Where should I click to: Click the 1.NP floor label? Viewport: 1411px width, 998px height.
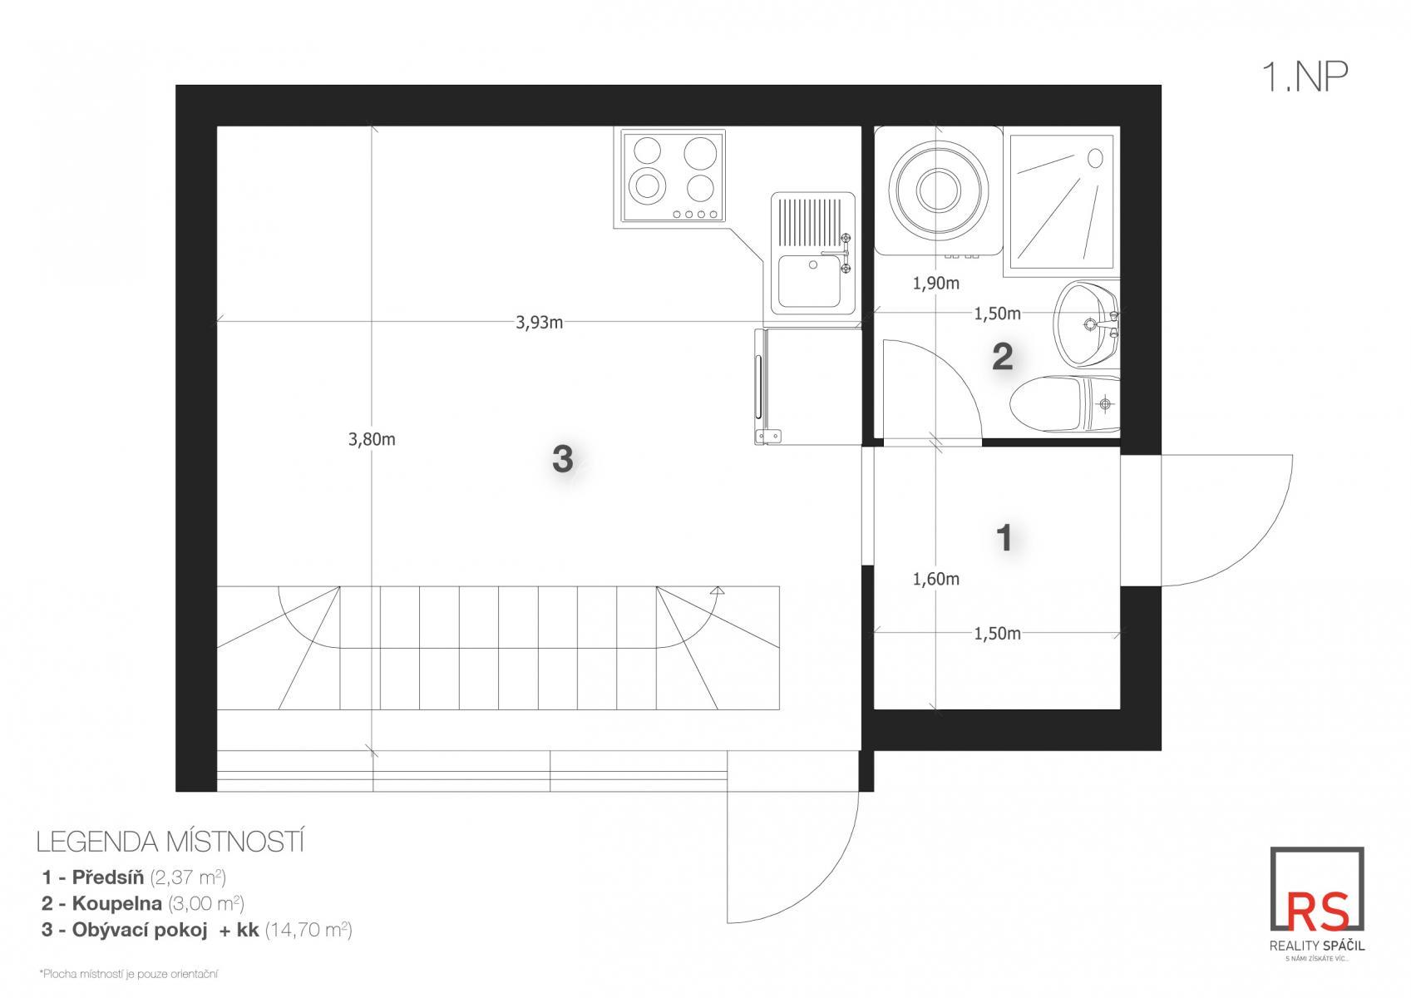pyautogui.click(x=1304, y=77)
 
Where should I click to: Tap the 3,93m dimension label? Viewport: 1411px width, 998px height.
pyautogui.click(x=539, y=323)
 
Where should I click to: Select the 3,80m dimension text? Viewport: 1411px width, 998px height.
pyautogui.click(x=372, y=439)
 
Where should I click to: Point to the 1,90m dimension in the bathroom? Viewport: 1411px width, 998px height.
pyautogui.click(x=936, y=284)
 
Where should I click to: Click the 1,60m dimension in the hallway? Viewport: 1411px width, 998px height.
pyautogui.click(x=936, y=578)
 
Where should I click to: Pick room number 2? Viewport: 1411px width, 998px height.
pyautogui.click(x=1002, y=358)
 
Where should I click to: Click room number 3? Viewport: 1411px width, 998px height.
pyautogui.click(x=563, y=459)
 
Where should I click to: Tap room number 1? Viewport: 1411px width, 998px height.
pyautogui.click(x=1004, y=538)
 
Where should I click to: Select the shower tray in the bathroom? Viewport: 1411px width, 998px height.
pyautogui.click(x=1062, y=201)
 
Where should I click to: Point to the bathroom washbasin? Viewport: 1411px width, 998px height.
pyautogui.click(x=1086, y=324)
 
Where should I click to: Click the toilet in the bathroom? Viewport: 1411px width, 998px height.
pyautogui.click(x=1065, y=404)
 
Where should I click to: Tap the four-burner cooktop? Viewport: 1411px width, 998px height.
pyautogui.click(x=673, y=176)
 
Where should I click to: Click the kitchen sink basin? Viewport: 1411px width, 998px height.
pyautogui.click(x=810, y=280)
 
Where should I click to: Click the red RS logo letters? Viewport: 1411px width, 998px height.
pyautogui.click(x=1317, y=912)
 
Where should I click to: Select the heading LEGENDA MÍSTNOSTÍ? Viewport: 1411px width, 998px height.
pyautogui.click(x=170, y=842)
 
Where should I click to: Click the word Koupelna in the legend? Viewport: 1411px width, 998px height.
pyautogui.click(x=117, y=903)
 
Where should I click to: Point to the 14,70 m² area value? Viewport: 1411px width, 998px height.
pyautogui.click(x=308, y=930)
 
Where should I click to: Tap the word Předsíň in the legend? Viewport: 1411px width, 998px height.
pyautogui.click(x=108, y=877)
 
